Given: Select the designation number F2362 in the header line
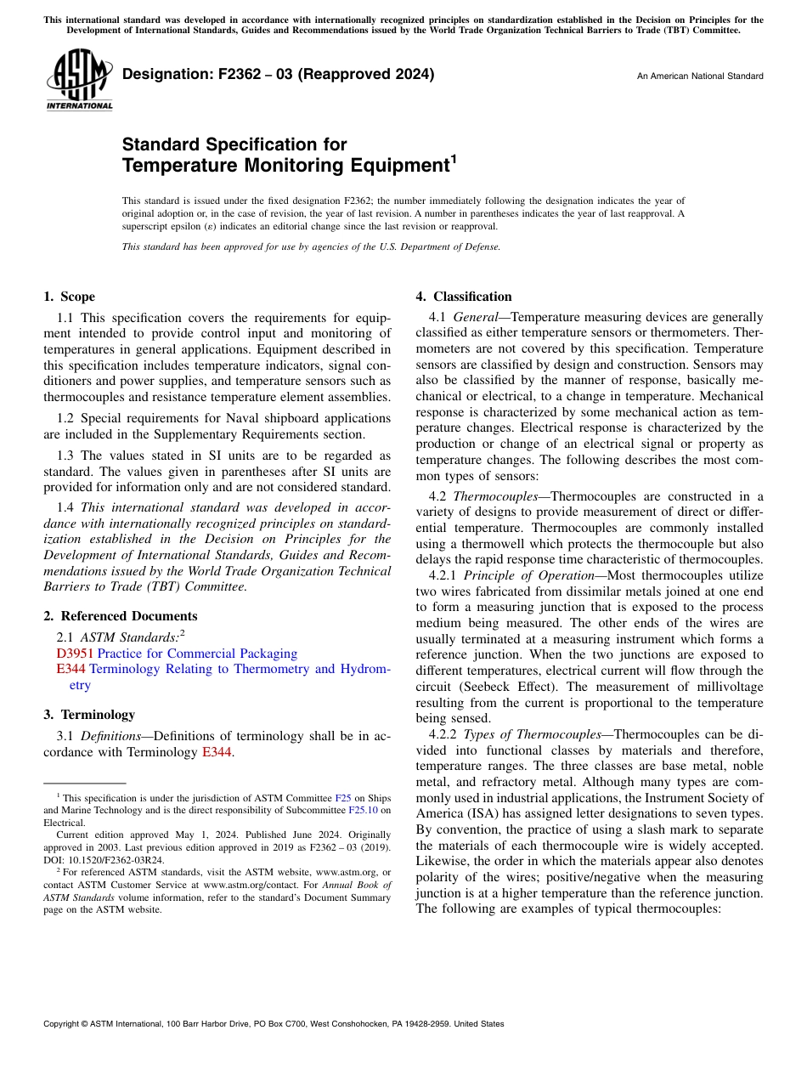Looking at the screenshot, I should tap(229, 74).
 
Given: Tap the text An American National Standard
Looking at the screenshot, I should tap(700, 76).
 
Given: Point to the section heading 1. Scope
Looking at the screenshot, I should tap(69, 297).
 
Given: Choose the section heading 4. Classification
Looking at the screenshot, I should tap(464, 297).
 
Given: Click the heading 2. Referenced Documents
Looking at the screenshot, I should tap(120, 616).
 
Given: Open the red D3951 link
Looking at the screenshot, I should tap(74, 654).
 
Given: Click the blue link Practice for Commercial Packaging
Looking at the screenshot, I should tap(197, 654).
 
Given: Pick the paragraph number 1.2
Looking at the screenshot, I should tap(66, 418).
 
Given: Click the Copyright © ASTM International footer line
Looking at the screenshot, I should tap(274, 1024).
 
